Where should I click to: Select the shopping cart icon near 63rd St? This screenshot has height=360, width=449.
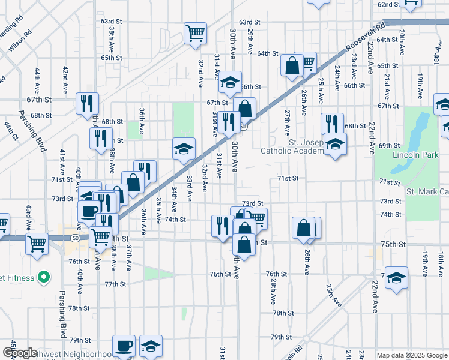click(195, 34)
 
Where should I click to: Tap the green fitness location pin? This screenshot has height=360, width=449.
click(43, 277)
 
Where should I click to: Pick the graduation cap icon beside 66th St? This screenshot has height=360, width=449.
click(229, 82)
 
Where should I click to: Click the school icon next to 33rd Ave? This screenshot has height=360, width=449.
click(184, 149)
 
